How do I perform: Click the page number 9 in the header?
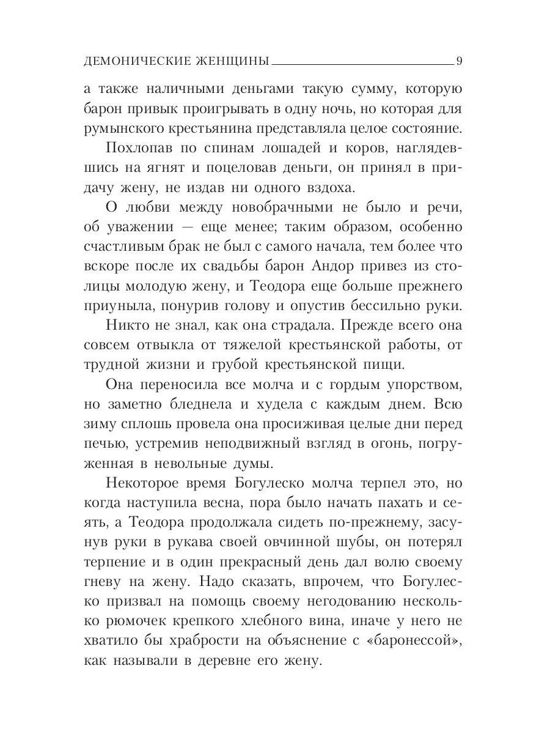tap(460, 61)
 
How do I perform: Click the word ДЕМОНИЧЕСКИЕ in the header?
tap(130, 61)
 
